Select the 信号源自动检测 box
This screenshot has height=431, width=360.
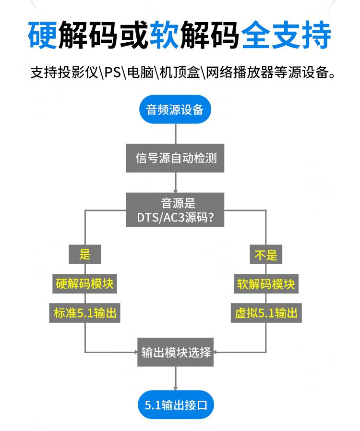click(176, 158)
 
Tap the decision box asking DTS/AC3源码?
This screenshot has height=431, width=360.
click(176, 210)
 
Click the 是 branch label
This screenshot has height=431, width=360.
click(85, 254)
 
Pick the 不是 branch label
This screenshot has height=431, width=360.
click(265, 254)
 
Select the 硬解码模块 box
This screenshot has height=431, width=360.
click(84, 284)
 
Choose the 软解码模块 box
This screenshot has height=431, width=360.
click(266, 284)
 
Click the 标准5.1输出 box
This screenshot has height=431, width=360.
click(85, 314)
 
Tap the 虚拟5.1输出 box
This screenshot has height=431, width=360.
click(266, 314)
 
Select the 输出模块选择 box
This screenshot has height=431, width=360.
click(176, 352)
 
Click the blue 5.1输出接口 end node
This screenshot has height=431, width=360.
click(176, 405)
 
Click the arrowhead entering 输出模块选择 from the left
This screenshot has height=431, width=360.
click(136, 352)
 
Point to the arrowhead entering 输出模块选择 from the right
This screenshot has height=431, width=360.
click(216, 352)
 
